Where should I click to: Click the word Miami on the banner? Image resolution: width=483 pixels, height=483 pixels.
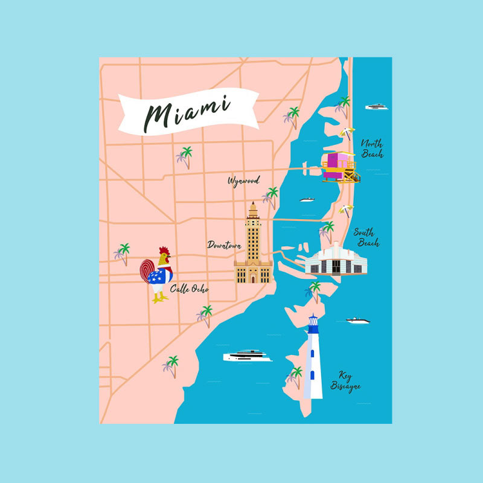click(187, 112)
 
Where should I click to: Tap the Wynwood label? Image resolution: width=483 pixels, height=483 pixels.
click(243, 181)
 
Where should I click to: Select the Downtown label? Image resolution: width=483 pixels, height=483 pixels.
click(225, 245)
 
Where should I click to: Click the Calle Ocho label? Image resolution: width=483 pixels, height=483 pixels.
click(190, 289)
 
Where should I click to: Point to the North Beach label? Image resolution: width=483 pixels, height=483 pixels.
click(372, 149)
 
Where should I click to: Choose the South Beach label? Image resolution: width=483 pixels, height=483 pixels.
click(366, 238)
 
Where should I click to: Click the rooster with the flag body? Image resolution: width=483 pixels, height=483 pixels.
click(158, 275)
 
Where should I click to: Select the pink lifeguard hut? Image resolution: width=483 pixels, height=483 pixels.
click(339, 167)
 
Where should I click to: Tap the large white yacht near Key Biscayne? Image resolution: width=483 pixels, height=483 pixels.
click(248, 356)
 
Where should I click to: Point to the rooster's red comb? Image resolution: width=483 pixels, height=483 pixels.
click(164, 251)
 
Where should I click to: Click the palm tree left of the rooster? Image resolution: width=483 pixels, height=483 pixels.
click(123, 254)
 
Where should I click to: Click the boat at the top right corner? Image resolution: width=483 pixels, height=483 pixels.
click(376, 107)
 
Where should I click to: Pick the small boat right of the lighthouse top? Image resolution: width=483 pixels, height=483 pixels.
click(357, 320)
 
